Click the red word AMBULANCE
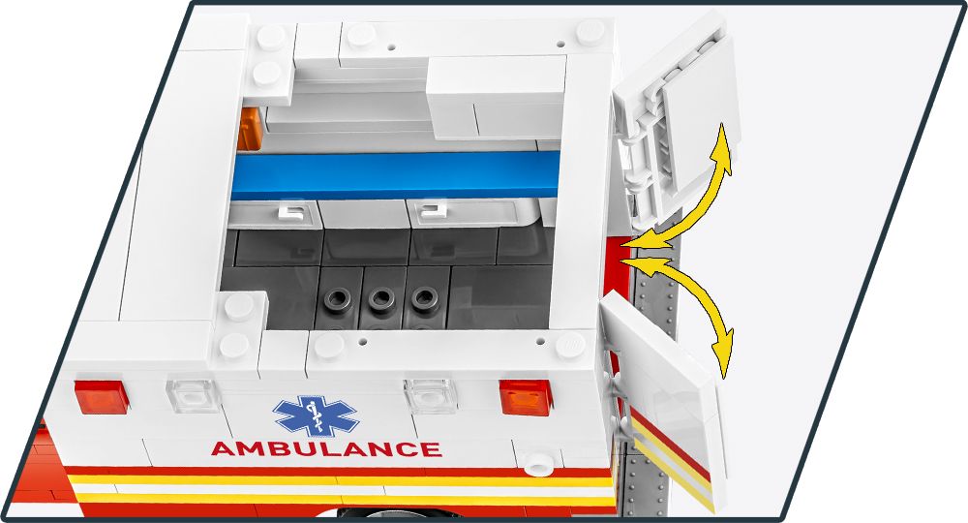coord(326,449)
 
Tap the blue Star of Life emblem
coord(316,415)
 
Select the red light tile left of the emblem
coord(102,395)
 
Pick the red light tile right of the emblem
coord(524,395)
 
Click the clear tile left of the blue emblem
coord(194,395)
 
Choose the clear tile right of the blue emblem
coord(430,395)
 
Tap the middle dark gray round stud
coord(380,299)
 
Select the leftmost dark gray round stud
coord(337,299)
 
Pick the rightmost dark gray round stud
coord(422,299)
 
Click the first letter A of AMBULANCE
coord(222,449)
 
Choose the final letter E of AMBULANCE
coord(432,449)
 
